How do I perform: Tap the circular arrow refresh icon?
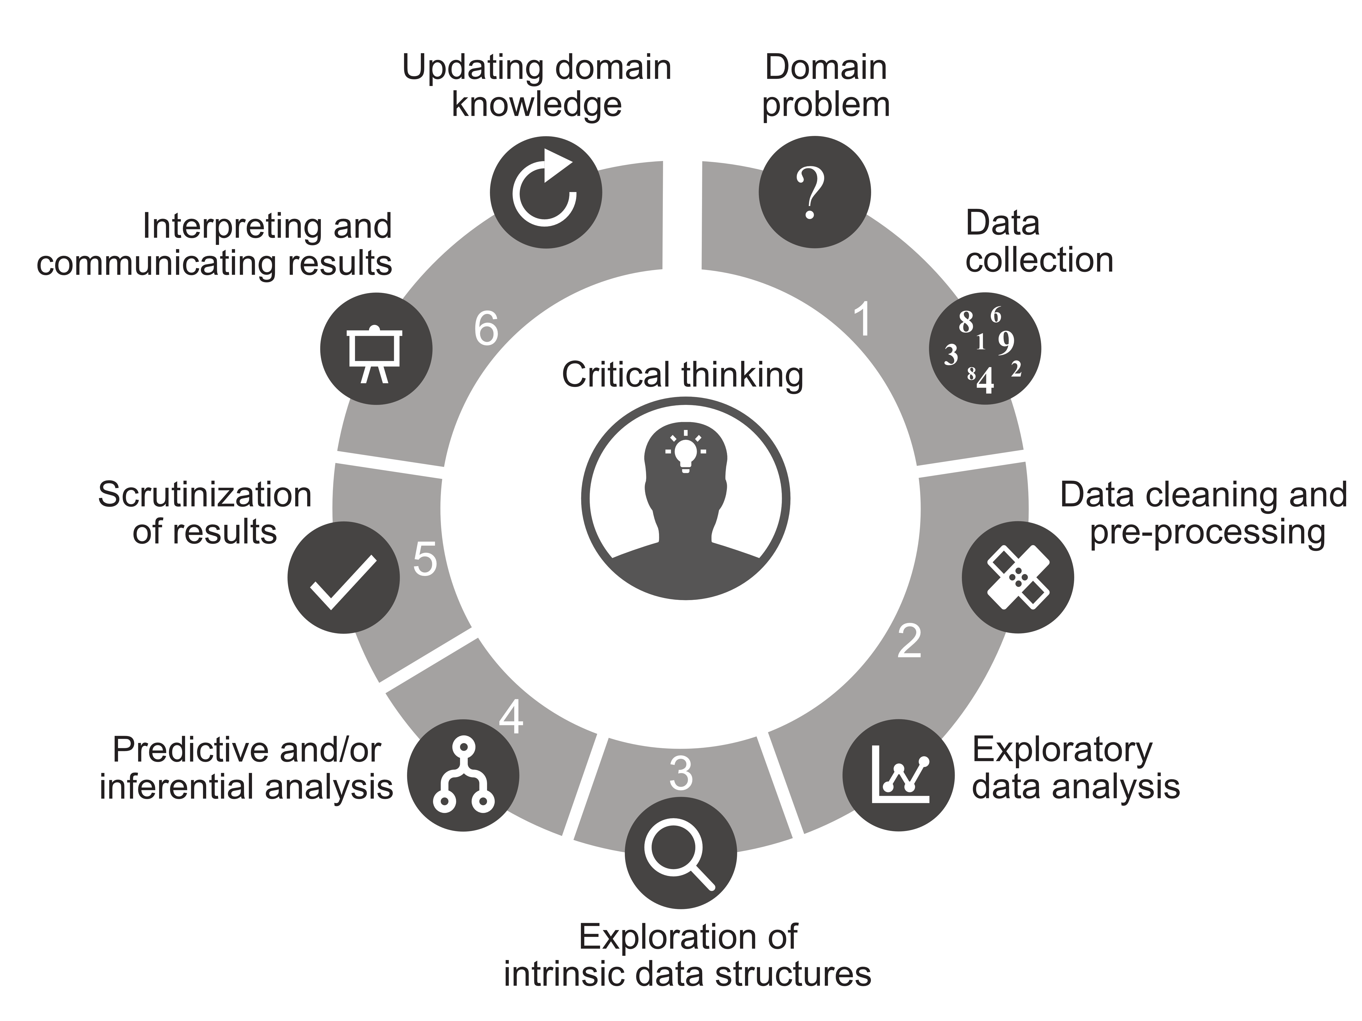click(x=546, y=192)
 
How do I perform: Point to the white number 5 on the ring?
click(x=425, y=559)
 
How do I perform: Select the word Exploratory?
click(x=1062, y=750)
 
